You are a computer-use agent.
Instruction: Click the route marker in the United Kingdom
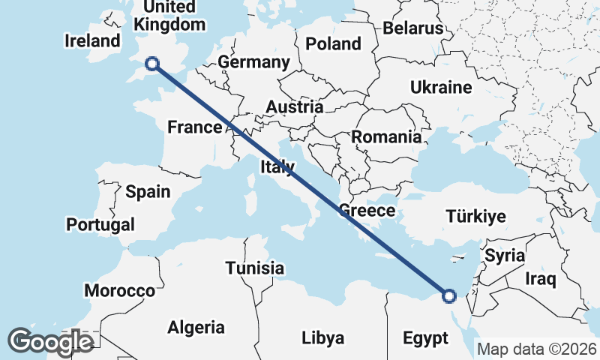[152, 64]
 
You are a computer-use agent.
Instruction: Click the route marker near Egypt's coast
[448, 295]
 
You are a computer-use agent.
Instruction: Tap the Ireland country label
[93, 40]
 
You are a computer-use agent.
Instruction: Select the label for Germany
[253, 61]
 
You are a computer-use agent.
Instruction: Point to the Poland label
[334, 44]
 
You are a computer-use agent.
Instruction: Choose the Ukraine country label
[441, 87]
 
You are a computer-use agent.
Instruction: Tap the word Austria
[295, 107]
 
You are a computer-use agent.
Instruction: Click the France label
[195, 127]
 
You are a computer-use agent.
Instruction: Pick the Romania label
[386, 137]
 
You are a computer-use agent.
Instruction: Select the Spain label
[148, 192]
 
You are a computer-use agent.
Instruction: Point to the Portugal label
[100, 224]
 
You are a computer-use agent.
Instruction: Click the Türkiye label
[475, 217]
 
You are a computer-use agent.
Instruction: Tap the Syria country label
[505, 256]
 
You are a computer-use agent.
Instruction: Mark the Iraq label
[540, 280]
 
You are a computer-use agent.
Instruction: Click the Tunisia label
[255, 268]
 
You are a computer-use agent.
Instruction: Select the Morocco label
[120, 290]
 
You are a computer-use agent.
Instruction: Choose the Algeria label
[196, 327]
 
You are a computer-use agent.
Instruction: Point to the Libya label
[323, 337]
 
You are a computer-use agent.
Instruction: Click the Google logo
[50, 341]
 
